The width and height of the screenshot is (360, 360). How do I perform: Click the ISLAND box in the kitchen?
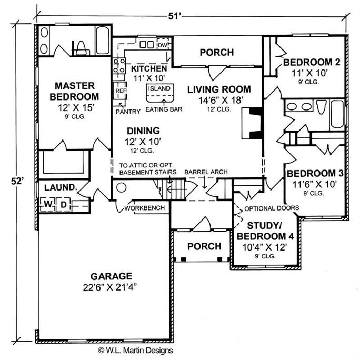(158, 89)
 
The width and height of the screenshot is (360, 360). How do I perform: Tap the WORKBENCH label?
(145, 208)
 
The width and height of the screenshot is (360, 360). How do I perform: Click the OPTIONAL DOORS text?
(272, 207)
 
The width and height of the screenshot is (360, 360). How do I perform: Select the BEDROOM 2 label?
(311, 63)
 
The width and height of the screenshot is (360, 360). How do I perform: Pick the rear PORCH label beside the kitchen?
(216, 53)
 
